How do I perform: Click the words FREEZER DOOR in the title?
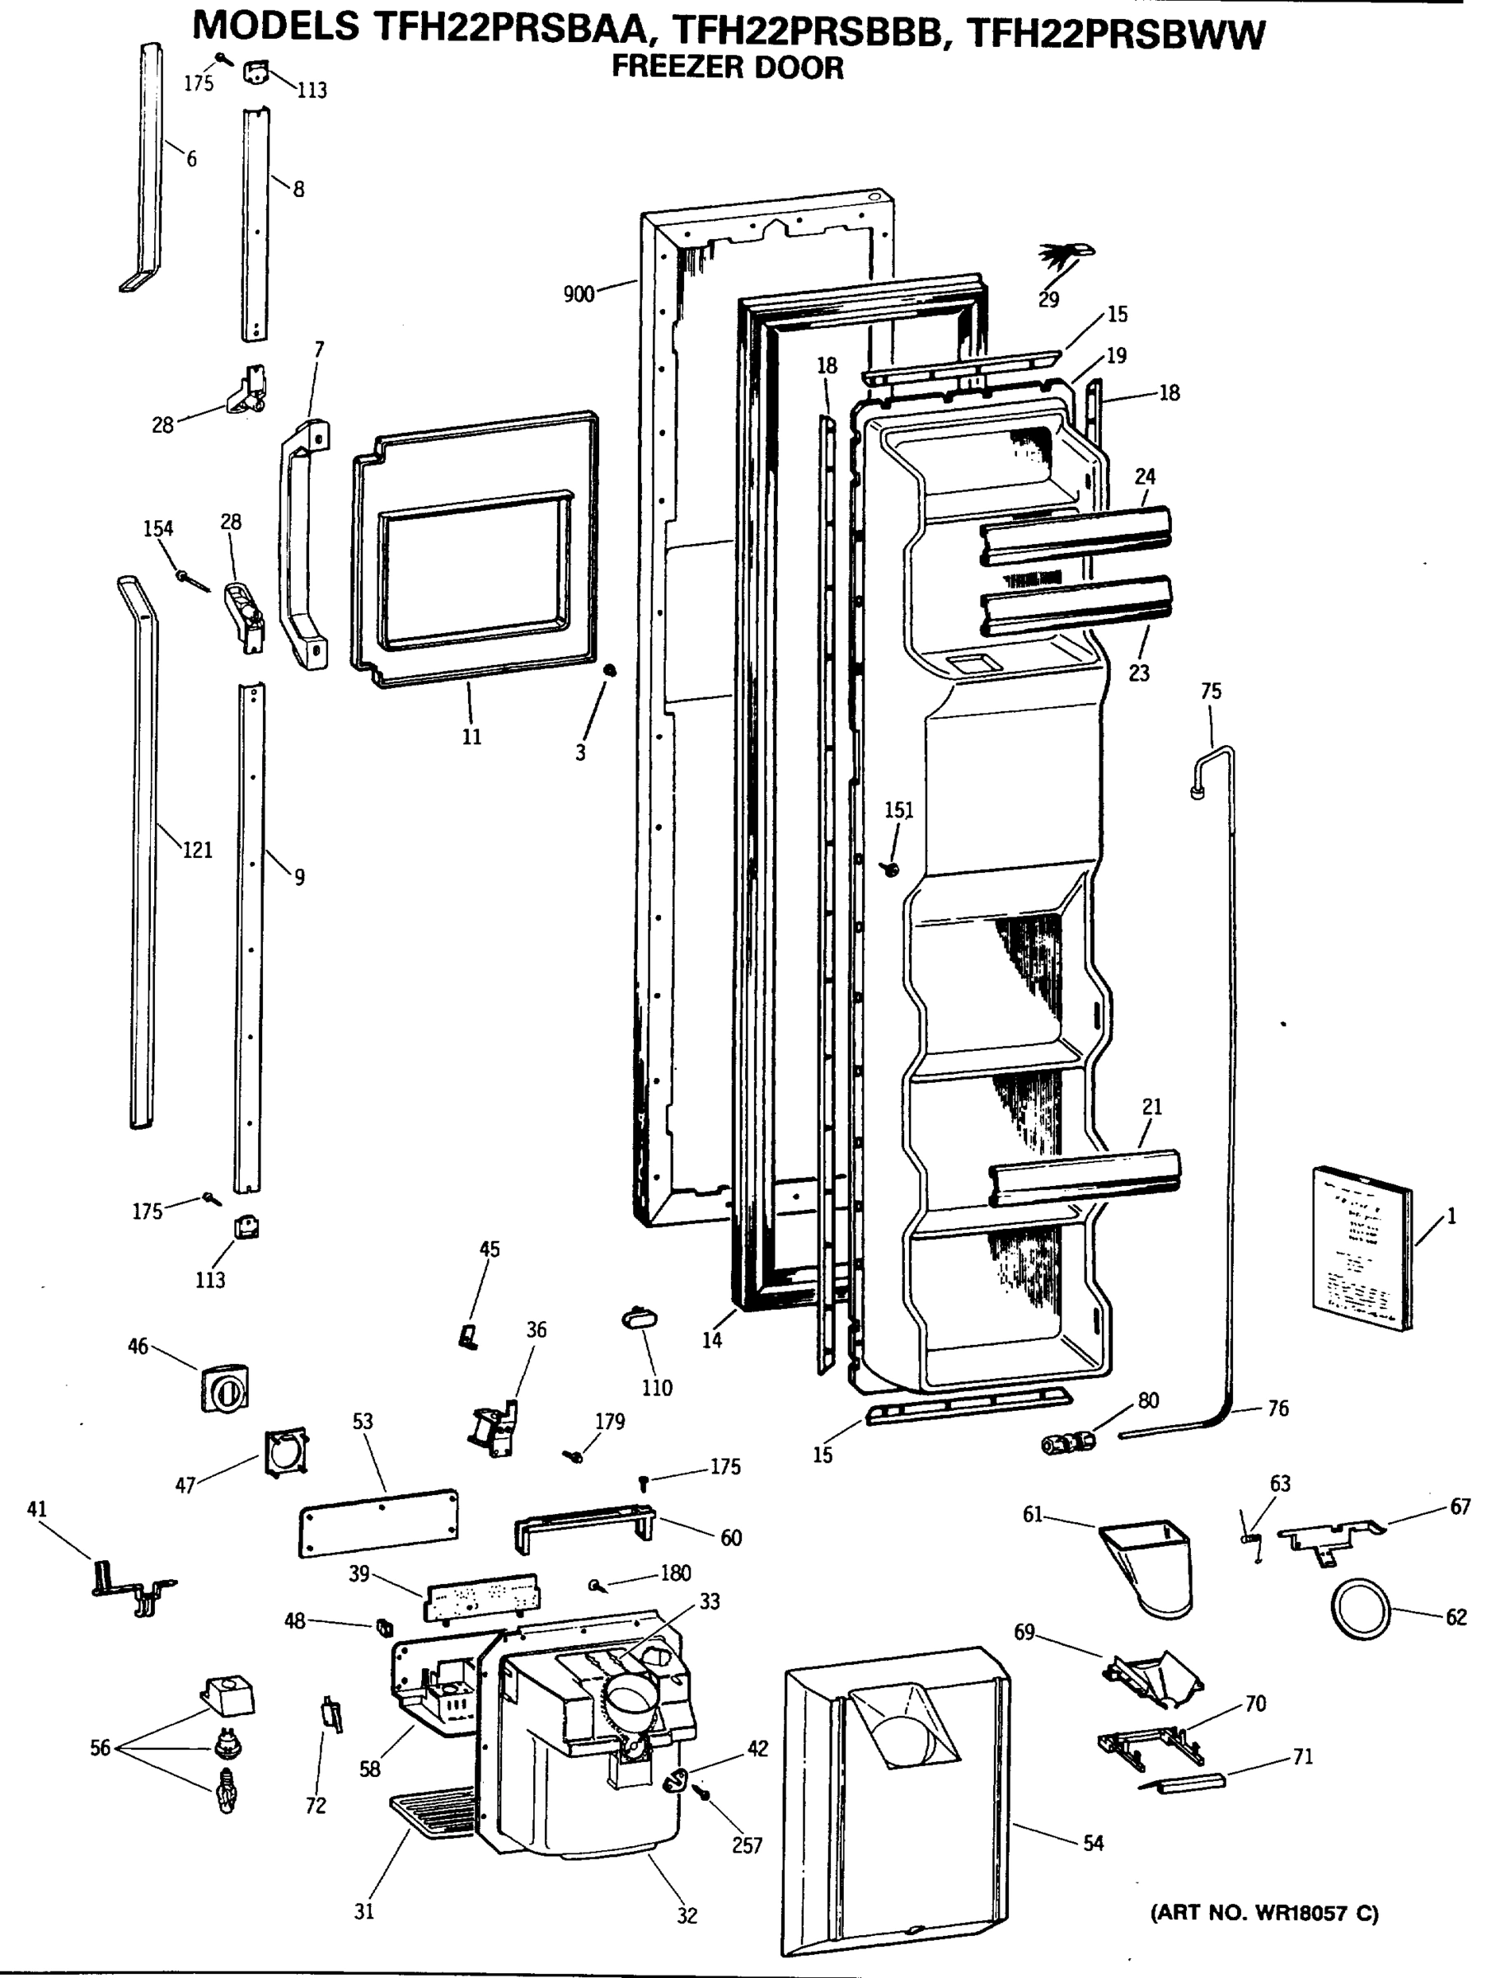click(726, 67)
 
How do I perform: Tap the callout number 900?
click(579, 294)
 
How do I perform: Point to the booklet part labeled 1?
click(1362, 1248)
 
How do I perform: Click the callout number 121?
click(198, 850)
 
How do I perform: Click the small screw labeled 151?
click(890, 867)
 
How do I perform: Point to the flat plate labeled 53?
click(379, 1523)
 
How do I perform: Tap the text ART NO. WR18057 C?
click(1263, 1913)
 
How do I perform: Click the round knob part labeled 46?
click(224, 1390)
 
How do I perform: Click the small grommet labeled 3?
click(610, 670)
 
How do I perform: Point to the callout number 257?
click(747, 1844)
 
